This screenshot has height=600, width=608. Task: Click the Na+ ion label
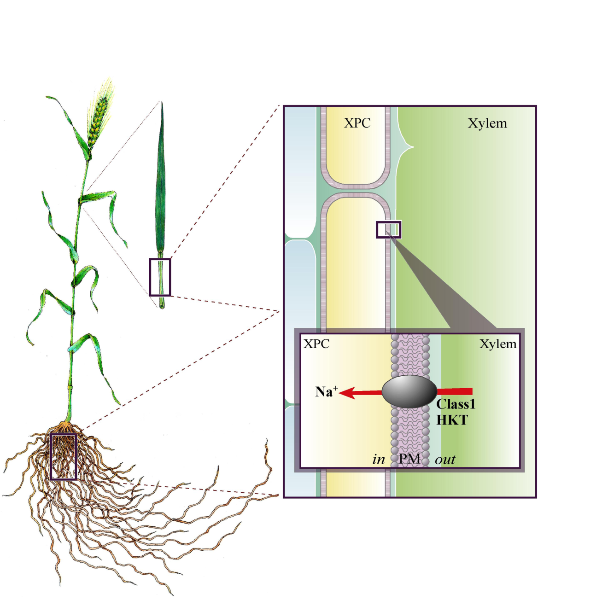(327, 391)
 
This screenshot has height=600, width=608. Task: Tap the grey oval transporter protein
(409, 391)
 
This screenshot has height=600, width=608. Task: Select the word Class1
(456, 404)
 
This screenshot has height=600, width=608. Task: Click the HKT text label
(452, 420)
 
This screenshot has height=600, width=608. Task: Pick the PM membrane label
(409, 459)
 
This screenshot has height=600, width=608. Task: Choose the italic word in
(379, 459)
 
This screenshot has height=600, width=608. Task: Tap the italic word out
(445, 460)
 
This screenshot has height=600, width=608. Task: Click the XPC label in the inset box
(316, 344)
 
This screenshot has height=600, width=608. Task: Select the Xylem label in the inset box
(498, 344)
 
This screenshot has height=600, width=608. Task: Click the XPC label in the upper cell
(357, 123)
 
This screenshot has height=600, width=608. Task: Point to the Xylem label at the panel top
(487, 123)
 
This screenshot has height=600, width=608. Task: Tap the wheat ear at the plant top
(100, 114)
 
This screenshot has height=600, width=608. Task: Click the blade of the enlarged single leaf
(161, 177)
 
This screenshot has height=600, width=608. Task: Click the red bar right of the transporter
(454, 391)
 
